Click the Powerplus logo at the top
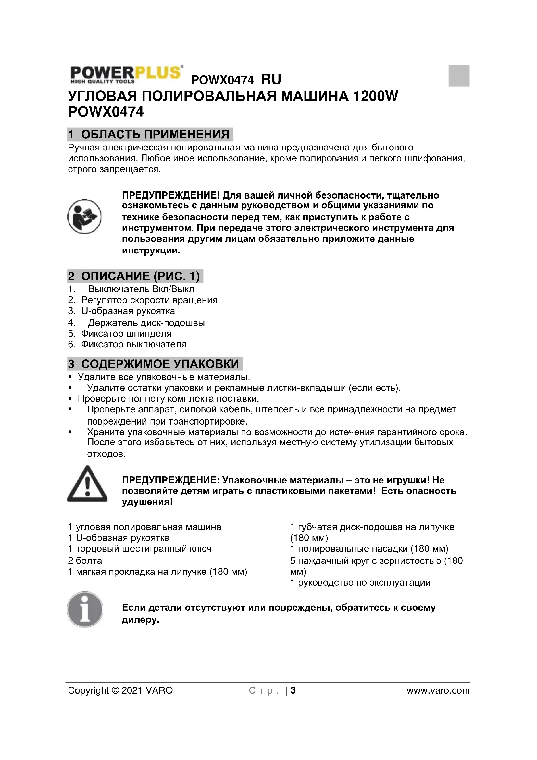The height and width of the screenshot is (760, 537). [126, 74]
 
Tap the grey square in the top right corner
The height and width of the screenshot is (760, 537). [459, 76]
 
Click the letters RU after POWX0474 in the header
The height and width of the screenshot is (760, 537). [271, 79]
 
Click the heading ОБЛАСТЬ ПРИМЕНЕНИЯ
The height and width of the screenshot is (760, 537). [155, 135]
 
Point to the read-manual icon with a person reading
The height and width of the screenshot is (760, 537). [84, 216]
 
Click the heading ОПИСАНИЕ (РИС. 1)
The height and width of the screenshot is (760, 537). [140, 276]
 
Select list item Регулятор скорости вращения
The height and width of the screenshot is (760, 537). [149, 300]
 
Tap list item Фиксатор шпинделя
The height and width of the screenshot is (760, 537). [126, 334]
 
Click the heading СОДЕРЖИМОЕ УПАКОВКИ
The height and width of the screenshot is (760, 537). [160, 364]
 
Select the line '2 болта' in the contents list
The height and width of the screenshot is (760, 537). [85, 561]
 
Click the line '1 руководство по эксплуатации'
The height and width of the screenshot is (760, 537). [360, 583]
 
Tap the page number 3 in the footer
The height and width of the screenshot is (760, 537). [293, 690]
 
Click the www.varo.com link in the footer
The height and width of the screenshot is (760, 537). [438, 690]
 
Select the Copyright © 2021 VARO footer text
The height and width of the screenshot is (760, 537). [120, 690]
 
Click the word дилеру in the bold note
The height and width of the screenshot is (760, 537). [140, 620]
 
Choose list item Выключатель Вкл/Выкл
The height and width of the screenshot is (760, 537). [141, 289]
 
